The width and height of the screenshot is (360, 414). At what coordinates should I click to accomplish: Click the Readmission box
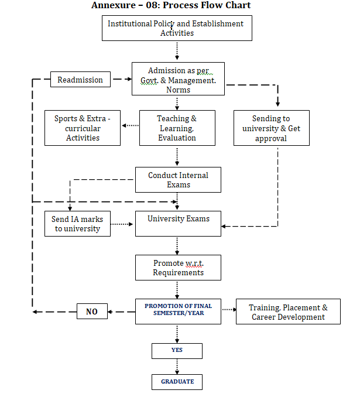click(80, 79)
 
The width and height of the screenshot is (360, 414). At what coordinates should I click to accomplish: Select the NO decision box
click(92, 312)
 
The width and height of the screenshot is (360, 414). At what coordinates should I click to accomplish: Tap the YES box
click(177, 351)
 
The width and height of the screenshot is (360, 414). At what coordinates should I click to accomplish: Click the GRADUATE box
click(177, 382)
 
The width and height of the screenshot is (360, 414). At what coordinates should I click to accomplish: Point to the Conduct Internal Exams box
click(178, 180)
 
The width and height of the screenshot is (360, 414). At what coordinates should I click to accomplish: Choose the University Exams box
click(178, 224)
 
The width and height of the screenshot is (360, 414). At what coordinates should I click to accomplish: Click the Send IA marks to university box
click(77, 224)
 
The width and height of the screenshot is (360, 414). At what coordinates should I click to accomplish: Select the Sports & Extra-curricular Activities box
click(83, 128)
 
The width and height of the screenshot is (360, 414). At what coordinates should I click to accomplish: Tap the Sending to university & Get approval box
click(272, 128)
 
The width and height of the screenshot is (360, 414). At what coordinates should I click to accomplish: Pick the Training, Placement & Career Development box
click(288, 312)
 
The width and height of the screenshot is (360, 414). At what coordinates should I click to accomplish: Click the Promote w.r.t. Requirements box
click(178, 268)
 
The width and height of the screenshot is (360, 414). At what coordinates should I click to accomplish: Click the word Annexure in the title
click(114, 5)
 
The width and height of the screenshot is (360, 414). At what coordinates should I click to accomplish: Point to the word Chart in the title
click(236, 5)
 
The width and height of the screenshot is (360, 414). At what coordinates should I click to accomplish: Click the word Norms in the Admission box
click(178, 90)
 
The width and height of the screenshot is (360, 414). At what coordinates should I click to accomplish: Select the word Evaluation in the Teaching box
click(177, 138)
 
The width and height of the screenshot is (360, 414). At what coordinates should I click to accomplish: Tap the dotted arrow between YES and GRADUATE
click(177, 367)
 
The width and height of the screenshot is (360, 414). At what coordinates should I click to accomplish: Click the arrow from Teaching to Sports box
click(131, 125)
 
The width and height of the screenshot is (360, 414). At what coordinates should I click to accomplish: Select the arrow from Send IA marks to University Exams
click(122, 224)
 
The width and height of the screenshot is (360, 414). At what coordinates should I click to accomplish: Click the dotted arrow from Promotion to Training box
click(229, 309)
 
